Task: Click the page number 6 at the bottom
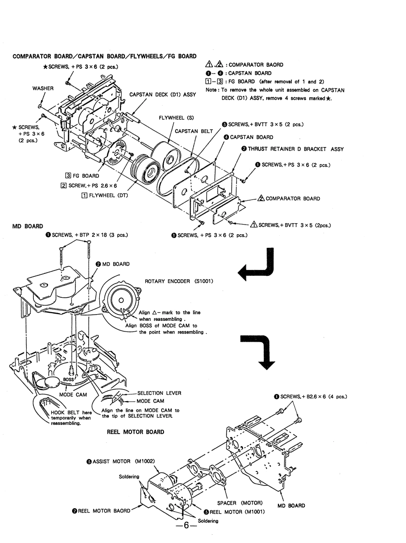point(186,526)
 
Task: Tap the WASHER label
point(43,88)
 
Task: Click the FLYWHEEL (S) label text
point(176,118)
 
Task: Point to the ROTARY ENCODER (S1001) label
point(179,281)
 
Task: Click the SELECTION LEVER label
point(159,393)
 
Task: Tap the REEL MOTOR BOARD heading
point(135,432)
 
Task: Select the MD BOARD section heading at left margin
point(28,226)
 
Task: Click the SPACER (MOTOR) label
point(240,503)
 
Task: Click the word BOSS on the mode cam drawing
point(69,379)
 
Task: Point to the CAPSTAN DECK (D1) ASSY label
point(163,94)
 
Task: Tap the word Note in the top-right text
point(211,90)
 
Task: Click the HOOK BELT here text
point(71,412)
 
